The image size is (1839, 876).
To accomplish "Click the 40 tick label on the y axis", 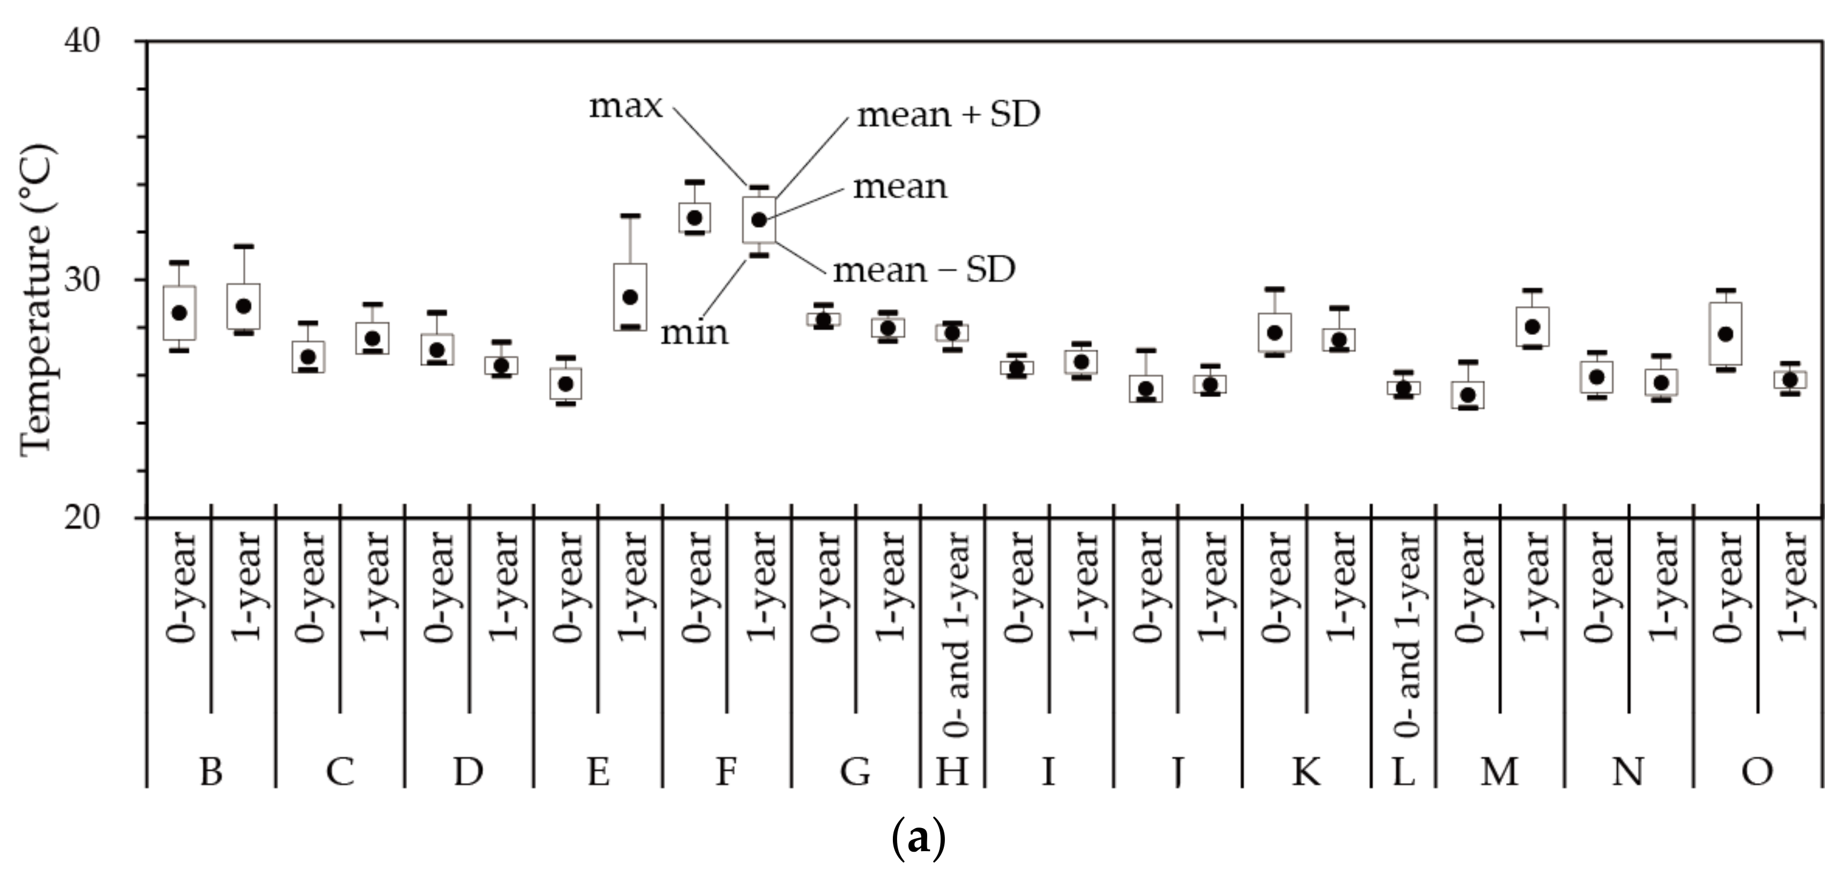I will pyautogui.click(x=82, y=41).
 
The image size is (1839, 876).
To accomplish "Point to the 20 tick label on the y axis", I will pyautogui.click(x=82, y=517).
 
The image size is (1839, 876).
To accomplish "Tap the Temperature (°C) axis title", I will pyautogui.click(x=36, y=300).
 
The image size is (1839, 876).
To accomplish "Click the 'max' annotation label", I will pyautogui.click(x=625, y=107).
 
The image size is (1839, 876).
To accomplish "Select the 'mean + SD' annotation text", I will pyautogui.click(x=948, y=114).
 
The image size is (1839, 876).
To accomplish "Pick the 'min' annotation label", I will pyautogui.click(x=694, y=333).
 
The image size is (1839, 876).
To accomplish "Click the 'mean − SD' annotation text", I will pyautogui.click(x=924, y=270).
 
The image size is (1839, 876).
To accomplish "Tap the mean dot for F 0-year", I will pyautogui.click(x=694, y=218).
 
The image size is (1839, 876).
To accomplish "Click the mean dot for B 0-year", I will pyautogui.click(x=179, y=313).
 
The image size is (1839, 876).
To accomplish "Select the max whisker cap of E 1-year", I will pyautogui.click(x=630, y=215).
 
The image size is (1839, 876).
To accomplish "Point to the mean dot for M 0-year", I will pyautogui.click(x=1468, y=395).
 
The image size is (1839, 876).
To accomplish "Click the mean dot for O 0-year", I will pyautogui.click(x=1725, y=333).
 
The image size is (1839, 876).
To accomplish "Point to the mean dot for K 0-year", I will pyautogui.click(x=1275, y=333).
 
